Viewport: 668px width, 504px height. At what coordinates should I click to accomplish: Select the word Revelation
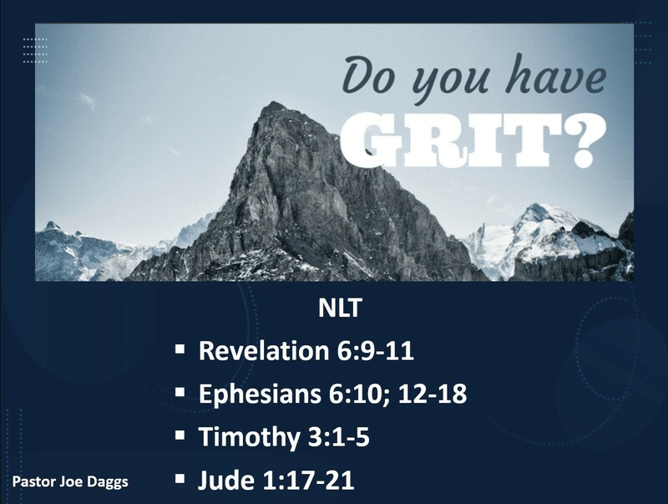click(x=262, y=352)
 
